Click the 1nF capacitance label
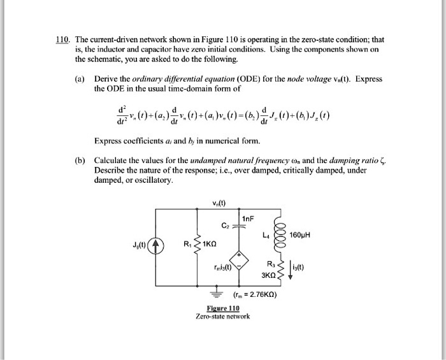click(x=249, y=219)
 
